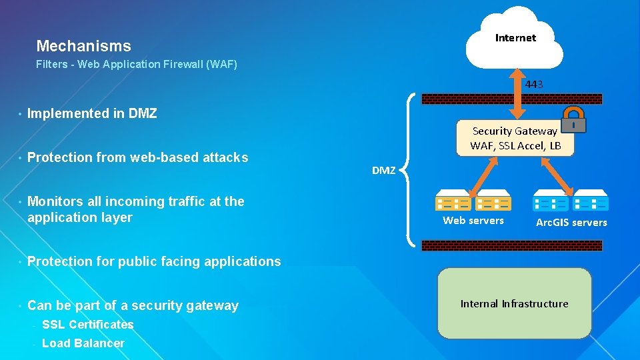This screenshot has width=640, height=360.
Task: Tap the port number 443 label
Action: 533,84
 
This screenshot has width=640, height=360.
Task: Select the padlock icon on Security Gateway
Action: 573,120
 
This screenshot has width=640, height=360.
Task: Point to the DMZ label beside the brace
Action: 383,171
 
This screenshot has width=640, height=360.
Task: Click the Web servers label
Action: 473,221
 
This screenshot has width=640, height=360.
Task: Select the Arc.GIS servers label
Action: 571,223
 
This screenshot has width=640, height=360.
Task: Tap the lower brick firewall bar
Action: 512,245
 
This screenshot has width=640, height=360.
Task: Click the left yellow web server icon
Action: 454,201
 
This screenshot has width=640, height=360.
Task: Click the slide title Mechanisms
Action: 83,46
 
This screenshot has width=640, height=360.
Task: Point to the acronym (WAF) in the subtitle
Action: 221,65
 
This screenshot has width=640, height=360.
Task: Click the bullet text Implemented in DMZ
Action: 92,113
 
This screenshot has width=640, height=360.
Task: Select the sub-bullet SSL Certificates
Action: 87,325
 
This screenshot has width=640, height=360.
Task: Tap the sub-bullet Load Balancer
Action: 83,343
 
